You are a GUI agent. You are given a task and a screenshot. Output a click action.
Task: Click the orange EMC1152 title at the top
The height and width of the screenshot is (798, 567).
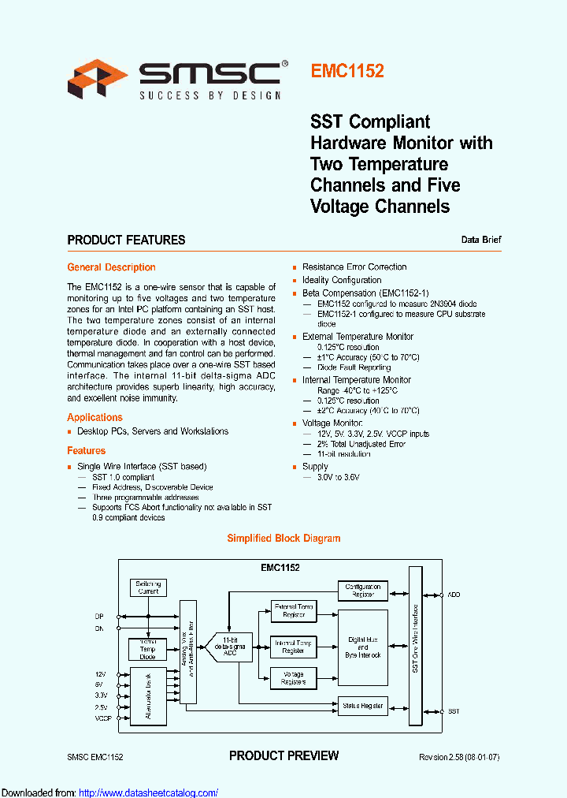pyautogui.click(x=347, y=71)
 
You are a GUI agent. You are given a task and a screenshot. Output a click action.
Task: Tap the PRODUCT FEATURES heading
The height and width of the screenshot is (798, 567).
pyautogui.click(x=126, y=240)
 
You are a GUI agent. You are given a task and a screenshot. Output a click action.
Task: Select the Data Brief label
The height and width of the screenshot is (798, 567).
pyautogui.click(x=481, y=240)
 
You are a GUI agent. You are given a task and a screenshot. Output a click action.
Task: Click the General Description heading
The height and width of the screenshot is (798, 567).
pyautogui.click(x=111, y=267)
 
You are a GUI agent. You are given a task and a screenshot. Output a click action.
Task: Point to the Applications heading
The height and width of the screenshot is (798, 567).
pyautogui.click(x=94, y=417)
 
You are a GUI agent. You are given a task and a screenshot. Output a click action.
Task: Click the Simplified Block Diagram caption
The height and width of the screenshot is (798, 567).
pyautogui.click(x=283, y=539)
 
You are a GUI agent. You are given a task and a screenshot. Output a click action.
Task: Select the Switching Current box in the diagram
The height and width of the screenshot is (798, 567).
pyautogui.click(x=148, y=587)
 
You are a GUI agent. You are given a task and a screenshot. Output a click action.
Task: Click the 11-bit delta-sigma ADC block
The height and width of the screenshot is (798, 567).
pyautogui.click(x=229, y=647)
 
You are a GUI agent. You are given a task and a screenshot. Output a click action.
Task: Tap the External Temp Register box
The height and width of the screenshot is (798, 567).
pyautogui.click(x=294, y=611)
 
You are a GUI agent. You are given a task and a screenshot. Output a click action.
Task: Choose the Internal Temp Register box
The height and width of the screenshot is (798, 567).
pyautogui.click(x=294, y=647)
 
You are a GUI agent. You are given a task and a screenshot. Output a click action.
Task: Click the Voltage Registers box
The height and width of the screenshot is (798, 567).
pyautogui.click(x=294, y=678)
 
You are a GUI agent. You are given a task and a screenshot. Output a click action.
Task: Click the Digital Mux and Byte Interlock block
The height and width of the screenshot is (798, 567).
pyautogui.click(x=363, y=648)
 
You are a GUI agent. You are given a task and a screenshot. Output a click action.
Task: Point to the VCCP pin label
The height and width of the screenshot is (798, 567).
pyautogui.click(x=103, y=718)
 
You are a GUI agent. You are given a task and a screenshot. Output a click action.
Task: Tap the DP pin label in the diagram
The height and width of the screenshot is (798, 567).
pyautogui.click(x=99, y=616)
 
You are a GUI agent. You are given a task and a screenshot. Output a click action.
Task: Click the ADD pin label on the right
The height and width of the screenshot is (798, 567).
pyautogui.click(x=454, y=594)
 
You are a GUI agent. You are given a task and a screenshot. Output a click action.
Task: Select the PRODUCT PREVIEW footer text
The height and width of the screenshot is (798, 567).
pyautogui.click(x=283, y=755)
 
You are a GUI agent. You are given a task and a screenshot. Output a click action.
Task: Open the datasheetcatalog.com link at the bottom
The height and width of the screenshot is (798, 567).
pyautogui.click(x=149, y=792)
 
